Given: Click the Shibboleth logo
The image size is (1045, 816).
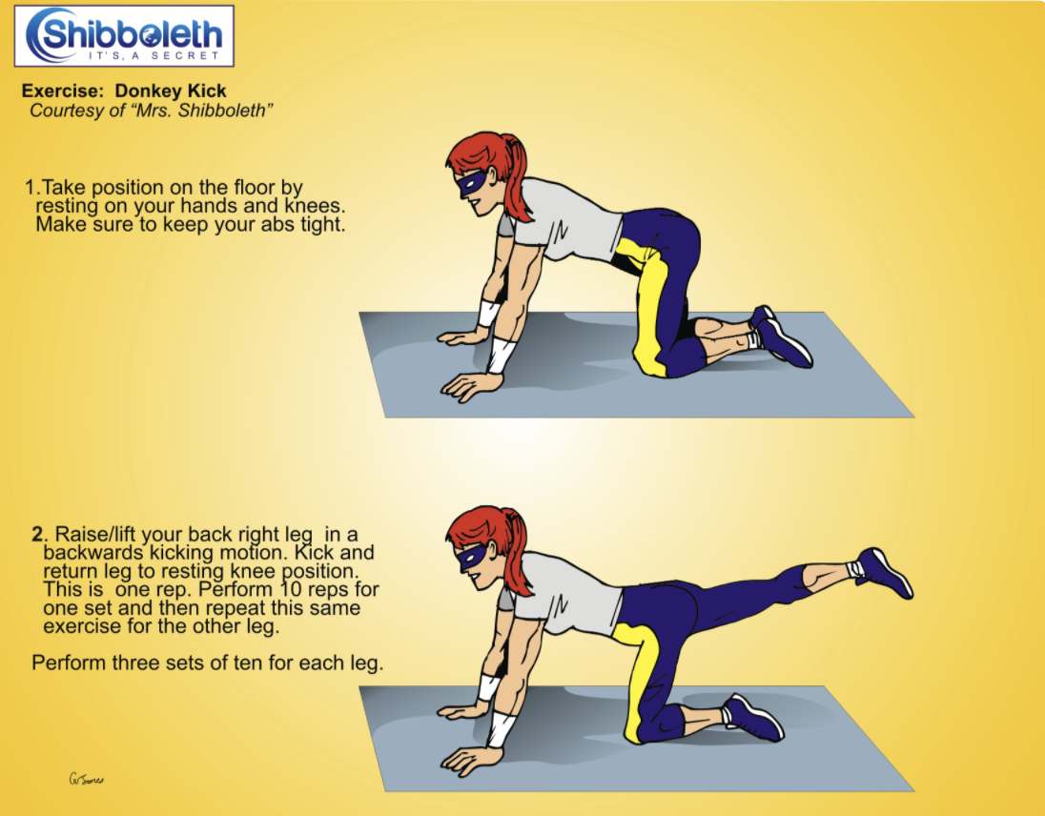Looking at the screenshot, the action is (x=124, y=36).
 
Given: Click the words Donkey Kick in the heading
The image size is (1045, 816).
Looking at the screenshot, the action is (x=171, y=91).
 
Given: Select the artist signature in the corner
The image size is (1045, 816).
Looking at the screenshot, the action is (x=87, y=779).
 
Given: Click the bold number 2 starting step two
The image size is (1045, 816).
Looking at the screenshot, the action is (x=37, y=534).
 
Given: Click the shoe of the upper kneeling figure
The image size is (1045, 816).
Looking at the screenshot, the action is (x=781, y=337).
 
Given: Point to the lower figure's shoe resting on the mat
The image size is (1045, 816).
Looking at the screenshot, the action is (x=754, y=718).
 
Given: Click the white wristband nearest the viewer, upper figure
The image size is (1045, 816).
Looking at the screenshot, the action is (x=500, y=356).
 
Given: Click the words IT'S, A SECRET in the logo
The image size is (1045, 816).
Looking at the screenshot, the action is (x=154, y=55).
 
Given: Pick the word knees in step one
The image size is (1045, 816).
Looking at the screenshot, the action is (x=316, y=206).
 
